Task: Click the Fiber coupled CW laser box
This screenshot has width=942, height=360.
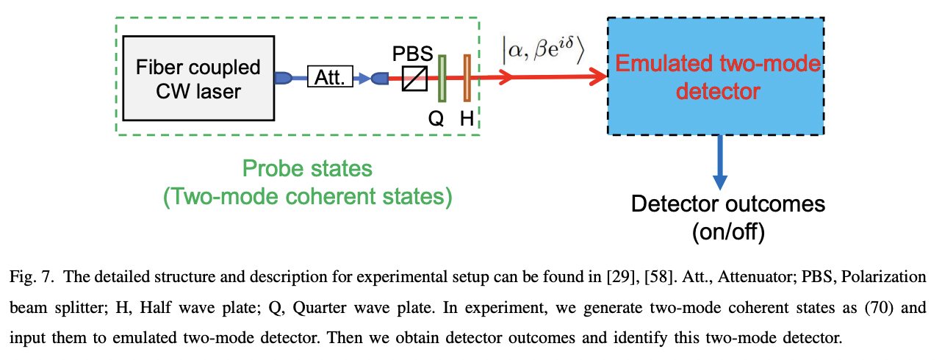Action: [198, 79]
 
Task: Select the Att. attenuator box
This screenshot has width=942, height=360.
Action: [330, 77]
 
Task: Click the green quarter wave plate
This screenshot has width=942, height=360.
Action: [442, 77]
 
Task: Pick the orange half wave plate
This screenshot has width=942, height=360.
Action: [467, 77]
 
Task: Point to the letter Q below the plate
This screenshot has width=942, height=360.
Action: [436, 119]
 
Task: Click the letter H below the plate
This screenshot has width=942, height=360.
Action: [467, 119]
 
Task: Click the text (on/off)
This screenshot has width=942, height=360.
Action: [728, 233]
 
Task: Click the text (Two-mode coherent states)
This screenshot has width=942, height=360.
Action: [308, 196]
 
